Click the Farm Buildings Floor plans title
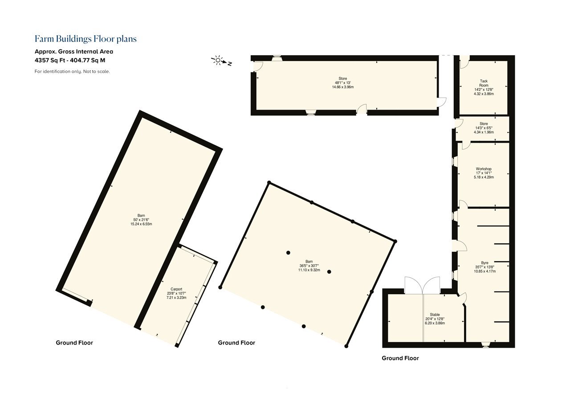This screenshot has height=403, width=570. tap(85, 39)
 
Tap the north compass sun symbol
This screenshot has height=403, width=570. tap(218, 60)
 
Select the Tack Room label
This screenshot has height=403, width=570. tap(484, 83)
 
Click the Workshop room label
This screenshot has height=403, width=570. tap(484, 169)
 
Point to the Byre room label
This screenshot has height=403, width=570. tap(485, 263)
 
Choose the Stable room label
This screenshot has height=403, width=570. tap(435, 315)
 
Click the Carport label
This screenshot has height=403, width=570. tap(176, 289)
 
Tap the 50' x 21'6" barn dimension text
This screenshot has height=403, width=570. tap(141, 220)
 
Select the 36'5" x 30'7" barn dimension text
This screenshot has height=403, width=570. tap(309, 266)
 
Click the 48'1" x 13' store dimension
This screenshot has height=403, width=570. tap(343, 83)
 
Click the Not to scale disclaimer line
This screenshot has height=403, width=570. tap(72, 72)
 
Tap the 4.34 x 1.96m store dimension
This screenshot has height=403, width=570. tap(484, 132)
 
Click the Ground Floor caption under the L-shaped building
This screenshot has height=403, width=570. tap(400, 358)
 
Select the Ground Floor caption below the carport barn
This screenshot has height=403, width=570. tap(74, 343)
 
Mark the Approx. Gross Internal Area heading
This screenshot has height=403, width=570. tap(74, 51)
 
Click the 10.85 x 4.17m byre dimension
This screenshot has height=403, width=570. tap(485, 271)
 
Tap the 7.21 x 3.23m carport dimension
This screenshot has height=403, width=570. tap(176, 297)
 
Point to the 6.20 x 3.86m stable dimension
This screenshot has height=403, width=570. tap(435, 323)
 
